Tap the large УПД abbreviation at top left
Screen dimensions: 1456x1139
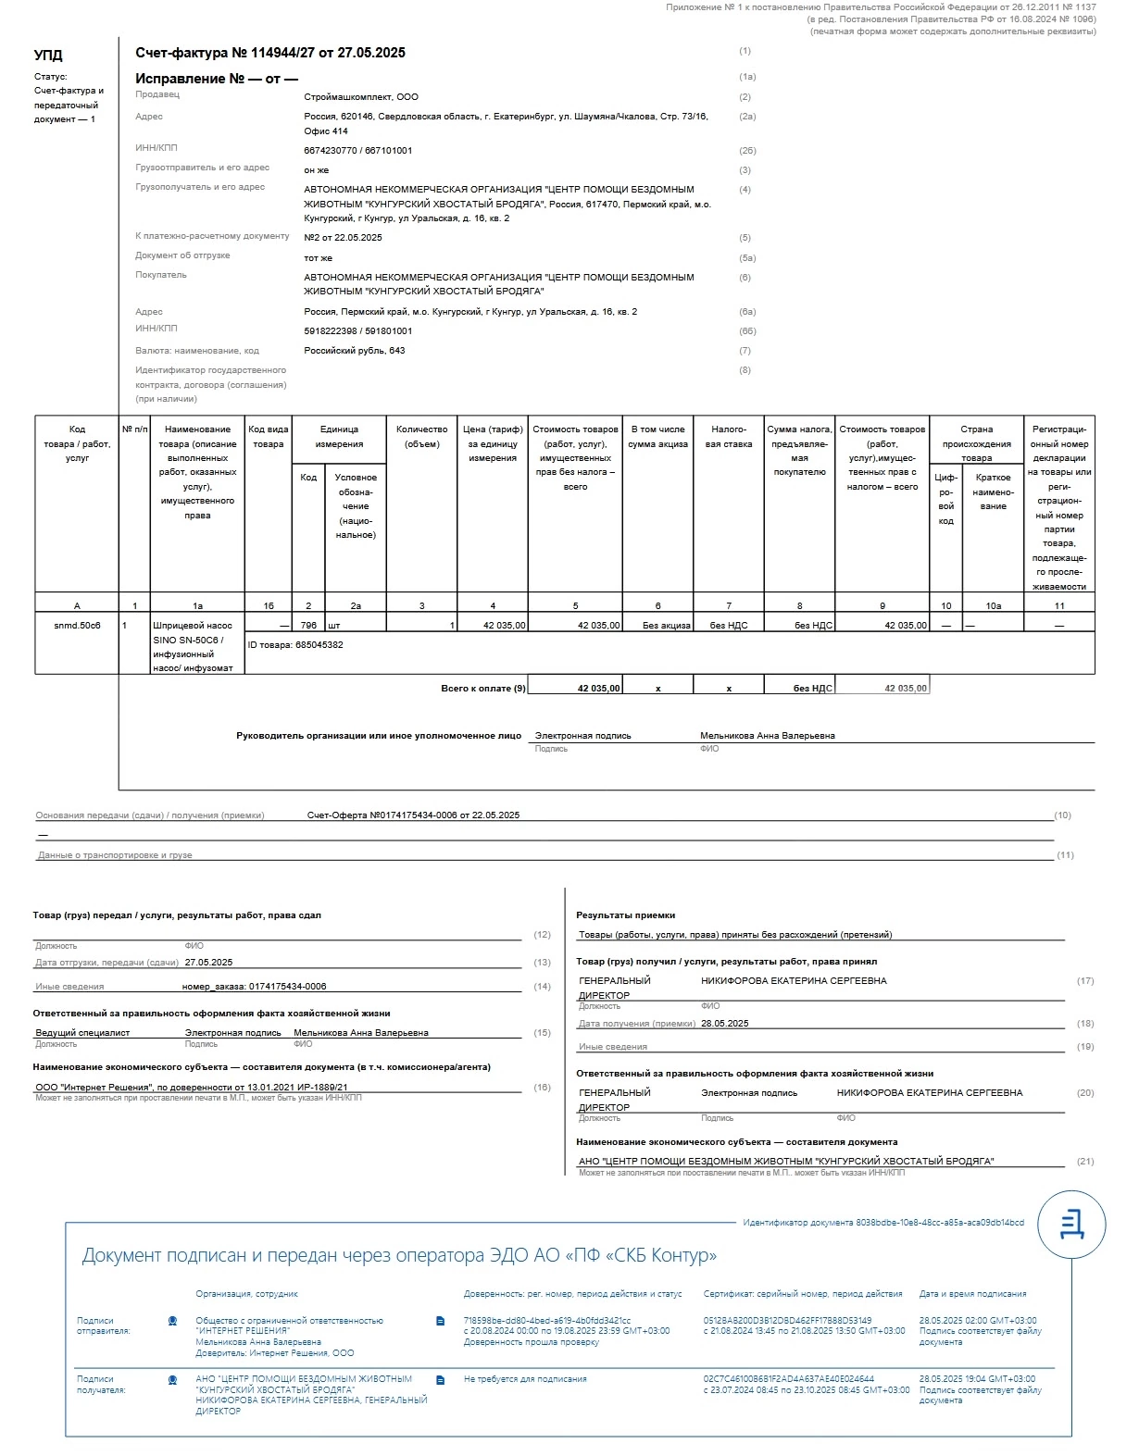tap(48, 56)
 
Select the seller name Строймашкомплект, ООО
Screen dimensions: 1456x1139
tap(361, 96)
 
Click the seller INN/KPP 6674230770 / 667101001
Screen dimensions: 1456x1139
tap(358, 150)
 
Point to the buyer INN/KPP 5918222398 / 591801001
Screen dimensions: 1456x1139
tap(358, 330)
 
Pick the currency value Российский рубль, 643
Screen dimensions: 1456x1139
tap(355, 350)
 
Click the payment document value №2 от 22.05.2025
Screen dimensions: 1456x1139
tap(343, 237)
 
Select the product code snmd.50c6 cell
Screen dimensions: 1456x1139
tap(77, 625)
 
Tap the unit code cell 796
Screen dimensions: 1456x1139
tap(308, 625)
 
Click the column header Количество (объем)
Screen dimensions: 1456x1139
tap(421, 436)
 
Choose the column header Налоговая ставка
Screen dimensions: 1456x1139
tap(729, 436)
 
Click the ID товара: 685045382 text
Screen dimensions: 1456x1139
tap(295, 644)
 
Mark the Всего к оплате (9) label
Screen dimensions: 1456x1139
tap(482, 688)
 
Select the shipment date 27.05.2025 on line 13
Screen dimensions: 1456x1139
tap(208, 962)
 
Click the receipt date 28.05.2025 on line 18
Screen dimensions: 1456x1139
tap(725, 1023)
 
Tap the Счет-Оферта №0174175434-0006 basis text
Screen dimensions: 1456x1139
tap(413, 815)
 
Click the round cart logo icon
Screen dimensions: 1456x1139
tap(1071, 1224)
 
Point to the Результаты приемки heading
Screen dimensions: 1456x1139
tap(625, 915)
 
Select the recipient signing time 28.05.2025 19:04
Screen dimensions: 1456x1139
tap(977, 1378)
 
